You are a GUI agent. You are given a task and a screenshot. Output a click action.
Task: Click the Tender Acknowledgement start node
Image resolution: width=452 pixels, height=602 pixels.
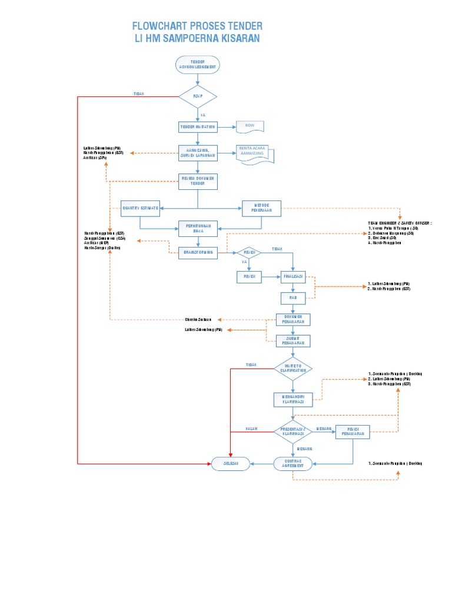(x=198, y=65)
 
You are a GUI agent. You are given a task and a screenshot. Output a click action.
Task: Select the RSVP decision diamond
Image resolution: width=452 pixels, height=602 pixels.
(x=198, y=97)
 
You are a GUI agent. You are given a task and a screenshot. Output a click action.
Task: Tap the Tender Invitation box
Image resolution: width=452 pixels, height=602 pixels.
(x=198, y=127)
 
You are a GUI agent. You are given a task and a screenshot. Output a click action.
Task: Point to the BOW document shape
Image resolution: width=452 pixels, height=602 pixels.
(x=250, y=126)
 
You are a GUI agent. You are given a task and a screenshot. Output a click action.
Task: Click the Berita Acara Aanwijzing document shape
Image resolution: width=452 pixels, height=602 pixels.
(x=254, y=154)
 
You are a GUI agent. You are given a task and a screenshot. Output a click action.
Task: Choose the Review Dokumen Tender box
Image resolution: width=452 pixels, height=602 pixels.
(x=198, y=181)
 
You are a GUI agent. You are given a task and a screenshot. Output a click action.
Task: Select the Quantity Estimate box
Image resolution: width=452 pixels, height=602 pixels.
(x=140, y=208)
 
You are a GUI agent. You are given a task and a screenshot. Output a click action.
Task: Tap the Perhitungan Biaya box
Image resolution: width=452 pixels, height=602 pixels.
(x=198, y=228)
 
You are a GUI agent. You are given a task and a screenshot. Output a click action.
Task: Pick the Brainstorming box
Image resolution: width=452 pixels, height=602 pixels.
(x=198, y=252)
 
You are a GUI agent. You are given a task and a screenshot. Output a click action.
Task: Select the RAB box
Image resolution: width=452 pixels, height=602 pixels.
(x=293, y=298)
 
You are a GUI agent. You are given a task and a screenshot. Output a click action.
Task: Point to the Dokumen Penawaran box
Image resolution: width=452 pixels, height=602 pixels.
(x=293, y=319)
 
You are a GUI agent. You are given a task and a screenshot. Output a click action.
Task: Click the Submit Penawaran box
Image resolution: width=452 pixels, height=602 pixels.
(x=293, y=340)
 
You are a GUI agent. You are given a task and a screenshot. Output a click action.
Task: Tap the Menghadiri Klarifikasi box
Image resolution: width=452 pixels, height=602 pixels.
(x=293, y=400)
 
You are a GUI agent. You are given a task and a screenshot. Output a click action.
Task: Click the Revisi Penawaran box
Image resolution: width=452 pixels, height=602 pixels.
(x=353, y=432)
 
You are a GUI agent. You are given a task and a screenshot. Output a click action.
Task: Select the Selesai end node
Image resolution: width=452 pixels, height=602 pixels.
(x=230, y=463)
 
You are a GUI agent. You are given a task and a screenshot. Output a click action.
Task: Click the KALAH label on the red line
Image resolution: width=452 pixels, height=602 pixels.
(x=252, y=429)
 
